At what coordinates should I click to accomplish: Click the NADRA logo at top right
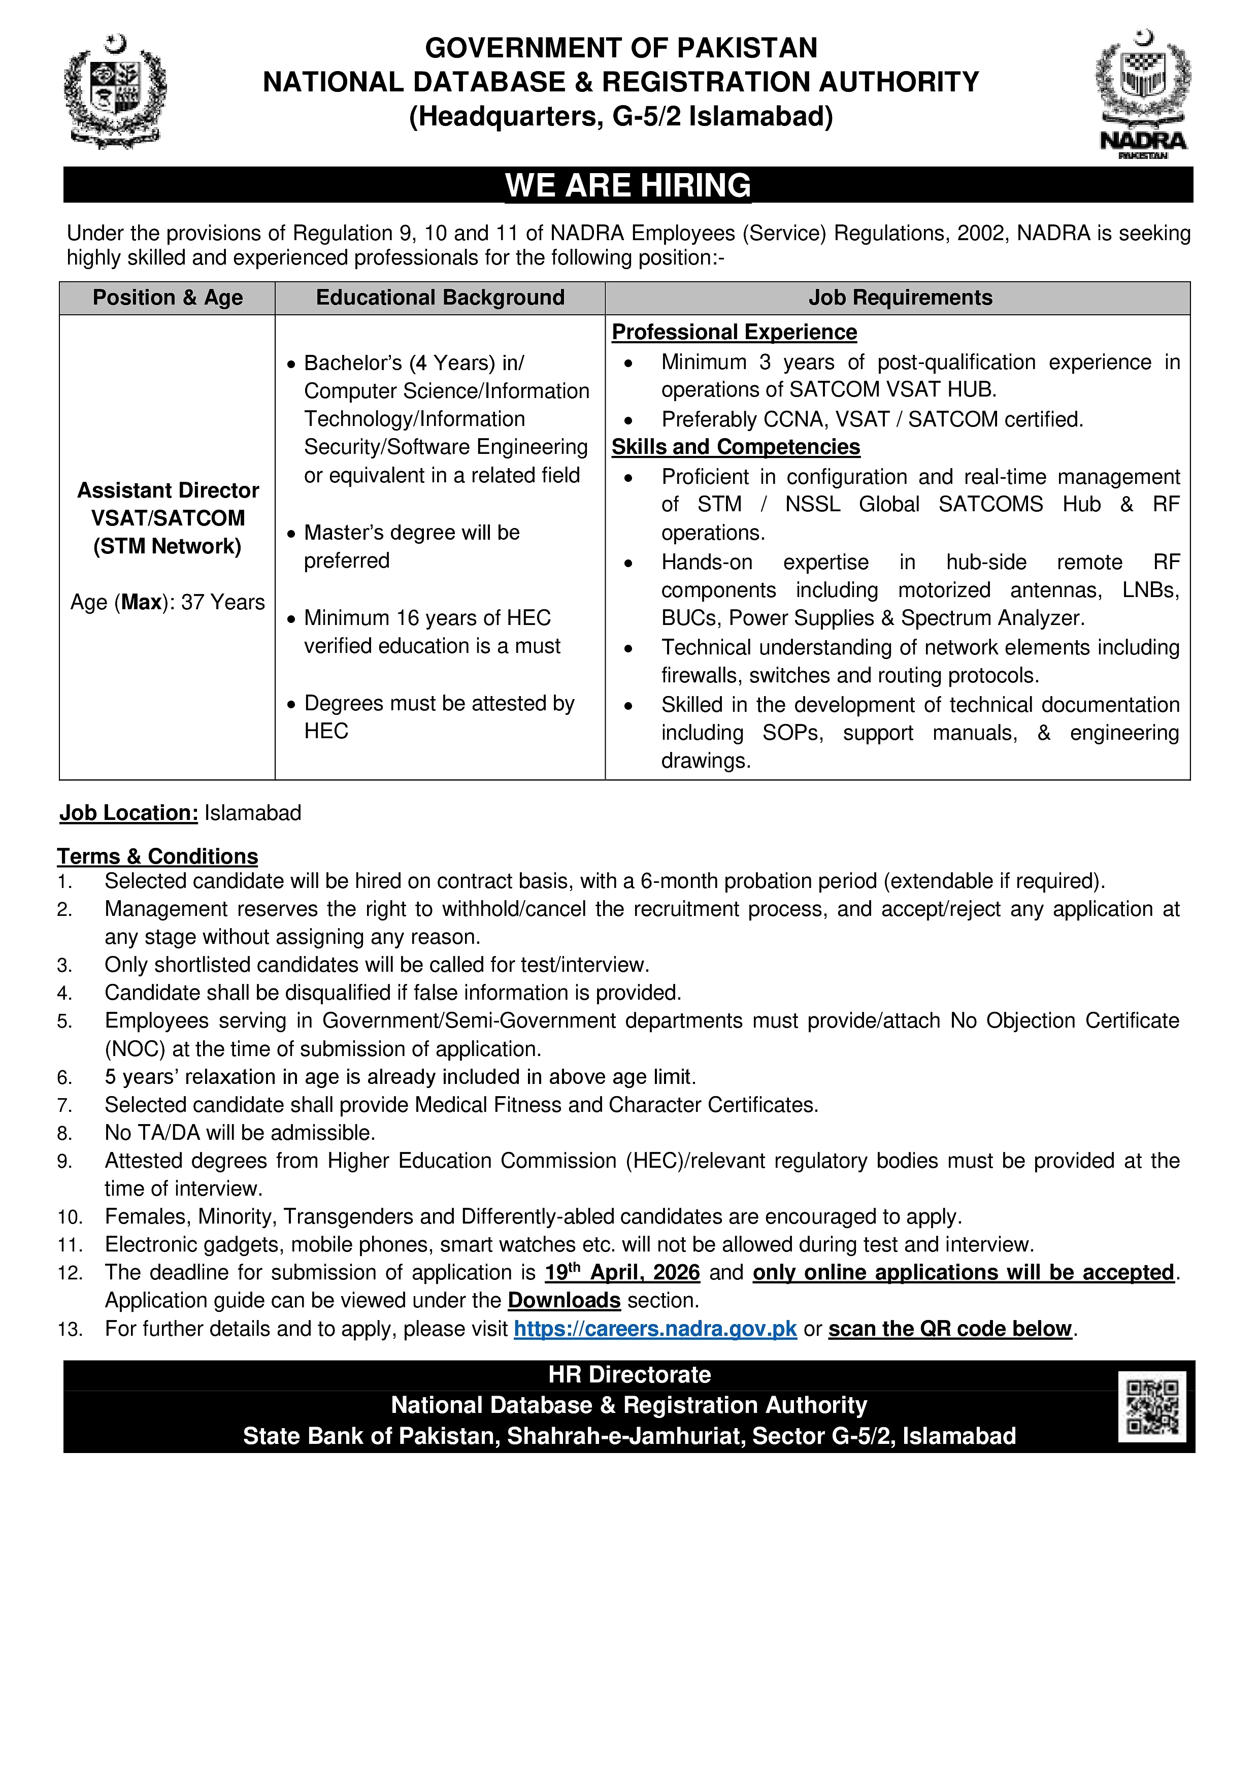[1143, 93]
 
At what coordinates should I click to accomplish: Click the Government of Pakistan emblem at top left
[115, 91]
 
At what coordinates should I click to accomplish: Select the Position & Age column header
[168, 298]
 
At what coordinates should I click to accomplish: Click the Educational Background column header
[440, 298]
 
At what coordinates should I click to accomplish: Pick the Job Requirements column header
[900, 298]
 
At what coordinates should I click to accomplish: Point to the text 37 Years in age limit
[223, 602]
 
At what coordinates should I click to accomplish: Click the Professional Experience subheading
[734, 332]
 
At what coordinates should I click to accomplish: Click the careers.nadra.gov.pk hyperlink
[655, 1329]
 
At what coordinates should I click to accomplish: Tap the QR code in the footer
[1152, 1406]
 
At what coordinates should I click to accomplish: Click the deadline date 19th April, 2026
[622, 1273]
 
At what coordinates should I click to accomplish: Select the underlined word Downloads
[564, 1301]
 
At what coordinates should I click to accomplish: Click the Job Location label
[129, 813]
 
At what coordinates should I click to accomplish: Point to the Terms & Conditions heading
[157, 856]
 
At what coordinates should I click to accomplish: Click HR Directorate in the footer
[629, 1374]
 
